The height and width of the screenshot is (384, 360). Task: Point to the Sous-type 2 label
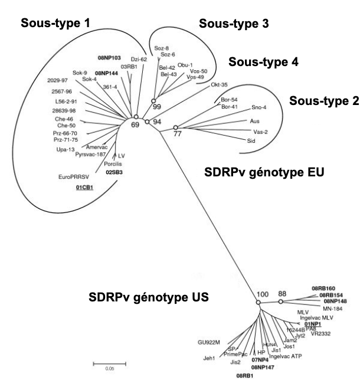click(323, 101)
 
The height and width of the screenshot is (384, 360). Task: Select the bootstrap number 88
click(283, 293)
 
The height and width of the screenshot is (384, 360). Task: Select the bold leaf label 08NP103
click(109, 58)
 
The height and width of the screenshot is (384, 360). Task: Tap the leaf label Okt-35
click(220, 85)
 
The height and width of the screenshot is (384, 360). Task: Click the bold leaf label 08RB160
click(323, 288)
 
